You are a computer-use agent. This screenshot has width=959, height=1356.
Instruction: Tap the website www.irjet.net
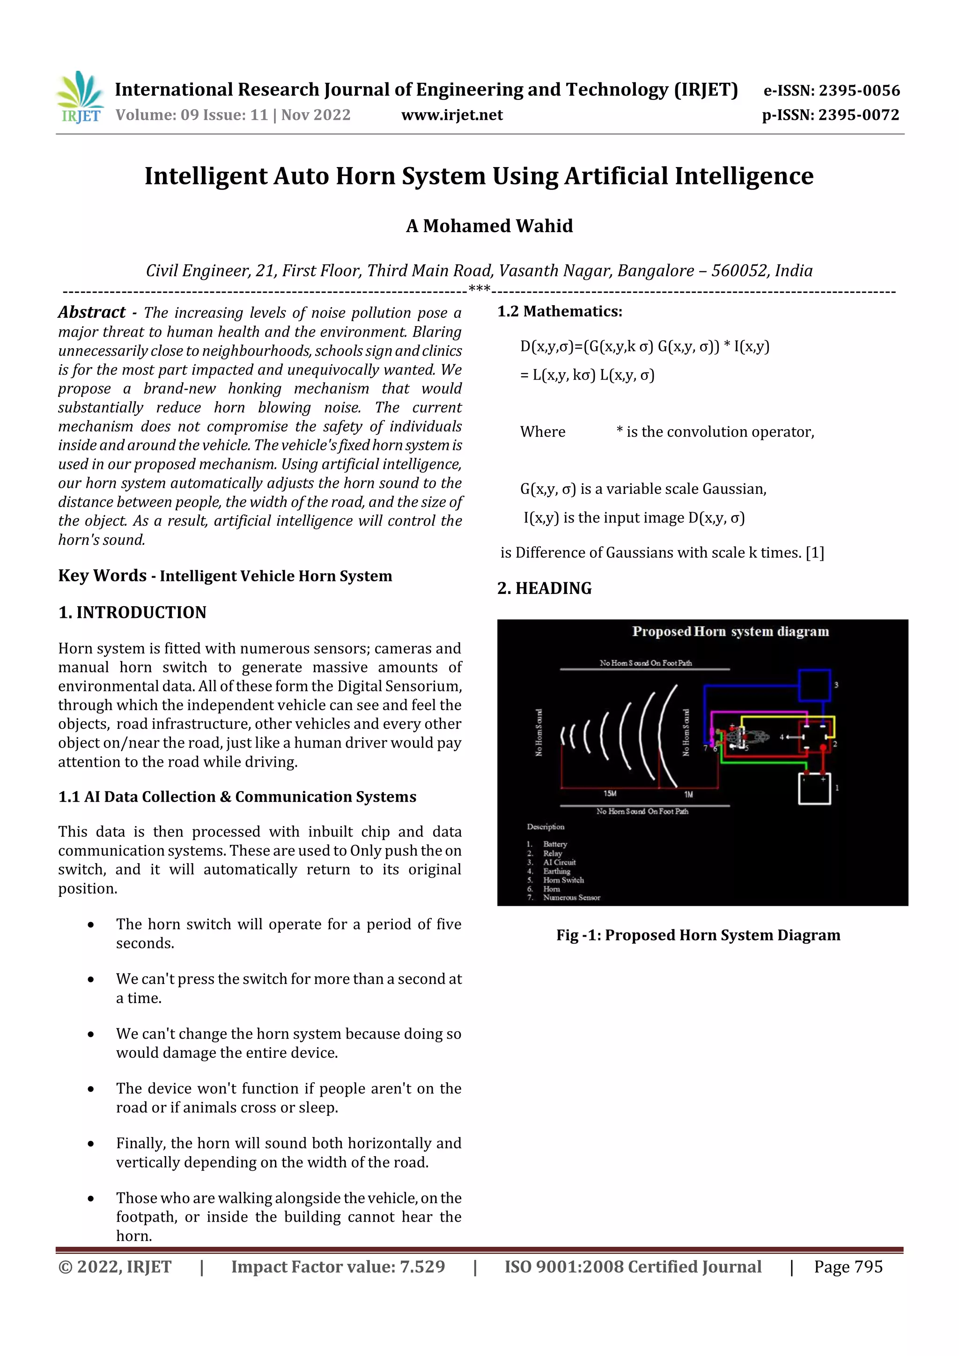pos(452,115)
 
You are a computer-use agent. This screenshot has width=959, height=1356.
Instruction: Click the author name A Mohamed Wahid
pos(489,226)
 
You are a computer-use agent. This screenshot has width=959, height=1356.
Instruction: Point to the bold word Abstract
pos(92,312)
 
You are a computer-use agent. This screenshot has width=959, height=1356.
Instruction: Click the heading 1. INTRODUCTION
pos(133,612)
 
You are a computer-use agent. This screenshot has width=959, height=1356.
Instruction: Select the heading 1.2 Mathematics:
pos(560,311)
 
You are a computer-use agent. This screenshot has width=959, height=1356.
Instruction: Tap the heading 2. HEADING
pos(544,588)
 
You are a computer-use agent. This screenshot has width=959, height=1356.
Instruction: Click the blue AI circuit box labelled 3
pos(814,685)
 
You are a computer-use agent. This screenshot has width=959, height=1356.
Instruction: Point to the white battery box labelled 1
pos(814,788)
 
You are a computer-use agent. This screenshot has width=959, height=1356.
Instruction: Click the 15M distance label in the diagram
pos(610,793)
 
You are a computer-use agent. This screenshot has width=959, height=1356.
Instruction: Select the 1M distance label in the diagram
pos(688,794)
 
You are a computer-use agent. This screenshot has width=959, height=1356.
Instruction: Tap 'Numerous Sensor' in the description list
pos(571,898)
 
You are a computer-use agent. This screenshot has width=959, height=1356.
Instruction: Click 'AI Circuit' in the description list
pos(559,862)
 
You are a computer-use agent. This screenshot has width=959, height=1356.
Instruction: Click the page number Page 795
pos(848,1267)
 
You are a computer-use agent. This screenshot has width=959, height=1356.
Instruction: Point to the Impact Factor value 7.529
pos(422,1267)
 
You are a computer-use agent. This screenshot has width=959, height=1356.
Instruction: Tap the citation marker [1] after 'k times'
pos(815,553)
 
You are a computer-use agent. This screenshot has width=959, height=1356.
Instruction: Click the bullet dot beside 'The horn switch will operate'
pos(91,925)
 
